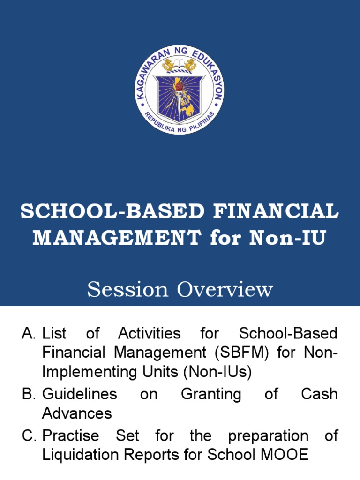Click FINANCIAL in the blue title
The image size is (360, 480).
(276, 211)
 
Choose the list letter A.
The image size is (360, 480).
(29, 334)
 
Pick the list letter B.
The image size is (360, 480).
(29, 394)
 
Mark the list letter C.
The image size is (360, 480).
(29, 436)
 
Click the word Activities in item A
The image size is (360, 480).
(149, 334)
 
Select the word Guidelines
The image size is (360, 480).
(80, 394)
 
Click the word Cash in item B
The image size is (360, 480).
(319, 394)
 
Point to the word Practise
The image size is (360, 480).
(71, 436)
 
